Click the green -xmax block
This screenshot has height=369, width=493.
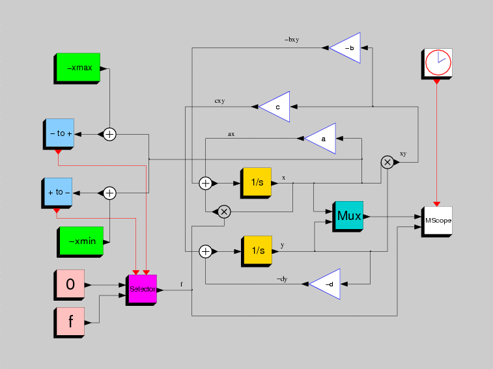pos(77,68)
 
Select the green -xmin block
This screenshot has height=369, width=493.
pos(80,242)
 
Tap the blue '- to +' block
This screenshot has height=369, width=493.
pos(59,134)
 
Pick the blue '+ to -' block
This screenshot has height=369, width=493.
pos(57,193)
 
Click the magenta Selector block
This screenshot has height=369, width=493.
pos(141,290)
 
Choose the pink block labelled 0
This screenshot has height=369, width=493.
pos(69,285)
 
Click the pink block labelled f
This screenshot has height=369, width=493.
pos(69,323)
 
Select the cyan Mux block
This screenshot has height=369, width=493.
pos(348,217)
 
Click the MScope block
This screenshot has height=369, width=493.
pos(437,222)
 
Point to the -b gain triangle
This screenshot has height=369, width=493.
pos(345,48)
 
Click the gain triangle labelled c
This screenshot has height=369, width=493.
pos(274,107)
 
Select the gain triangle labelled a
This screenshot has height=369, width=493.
pos(320,139)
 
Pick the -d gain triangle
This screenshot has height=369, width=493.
pos(324,284)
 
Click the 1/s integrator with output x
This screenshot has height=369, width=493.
pos(256,184)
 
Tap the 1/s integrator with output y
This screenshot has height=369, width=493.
pos(257,251)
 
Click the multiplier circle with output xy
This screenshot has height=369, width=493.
pos(387,162)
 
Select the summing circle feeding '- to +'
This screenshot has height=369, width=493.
pos(109,135)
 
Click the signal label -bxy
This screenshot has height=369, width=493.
pos(292,40)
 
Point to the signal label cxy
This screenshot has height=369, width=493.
pos(219,101)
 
